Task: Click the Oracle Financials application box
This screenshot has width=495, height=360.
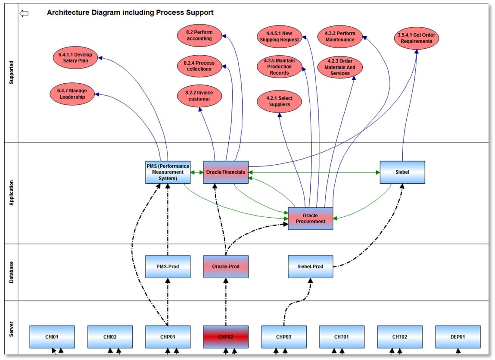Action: pyautogui.click(x=226, y=172)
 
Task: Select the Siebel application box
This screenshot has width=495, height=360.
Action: pyautogui.click(x=402, y=172)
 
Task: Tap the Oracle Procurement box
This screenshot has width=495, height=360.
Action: pyautogui.click(x=310, y=218)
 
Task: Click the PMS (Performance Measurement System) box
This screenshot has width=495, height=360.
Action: pyautogui.click(x=168, y=172)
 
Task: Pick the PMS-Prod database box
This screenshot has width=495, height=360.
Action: pyautogui.click(x=168, y=266)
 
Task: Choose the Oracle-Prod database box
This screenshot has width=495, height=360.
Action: pyautogui.click(x=226, y=266)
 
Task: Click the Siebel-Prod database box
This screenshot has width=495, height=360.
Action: pyautogui.click(x=310, y=266)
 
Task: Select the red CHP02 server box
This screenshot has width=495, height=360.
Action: pyautogui.click(x=226, y=337)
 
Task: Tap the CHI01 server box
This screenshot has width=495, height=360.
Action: pyautogui.click(x=52, y=337)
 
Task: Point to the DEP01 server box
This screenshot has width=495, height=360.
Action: pyautogui.click(x=458, y=337)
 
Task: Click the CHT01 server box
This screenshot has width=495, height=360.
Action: pyautogui.click(x=342, y=337)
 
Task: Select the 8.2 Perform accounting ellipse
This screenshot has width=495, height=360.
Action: pyautogui.click(x=199, y=35)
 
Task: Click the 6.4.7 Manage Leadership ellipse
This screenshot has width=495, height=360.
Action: pyautogui.click(x=72, y=94)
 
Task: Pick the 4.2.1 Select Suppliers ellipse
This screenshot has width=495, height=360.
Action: pyautogui.click(x=279, y=101)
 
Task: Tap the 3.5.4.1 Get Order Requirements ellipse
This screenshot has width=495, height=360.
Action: pyautogui.click(x=416, y=38)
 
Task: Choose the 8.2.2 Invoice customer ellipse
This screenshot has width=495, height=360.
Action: pyautogui.click(x=199, y=96)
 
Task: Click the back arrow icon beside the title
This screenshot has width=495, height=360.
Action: pyautogui.click(x=24, y=13)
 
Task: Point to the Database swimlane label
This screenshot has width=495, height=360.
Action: pyautogui.click(x=12, y=272)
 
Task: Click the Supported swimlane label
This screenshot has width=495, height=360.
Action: pyautogui.click(x=12, y=72)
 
